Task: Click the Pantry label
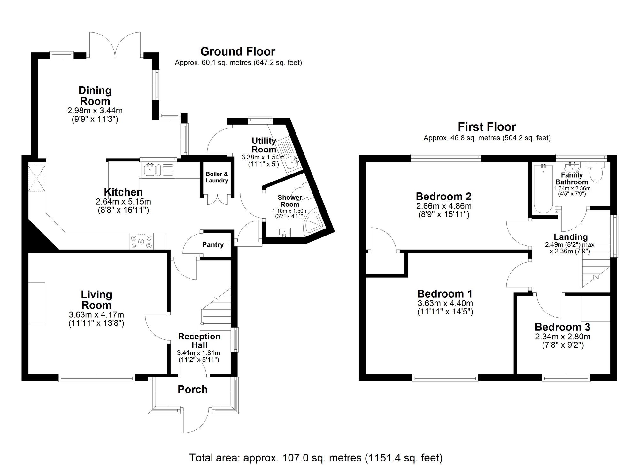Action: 213,245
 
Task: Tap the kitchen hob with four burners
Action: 141,242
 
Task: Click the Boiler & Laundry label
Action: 217,177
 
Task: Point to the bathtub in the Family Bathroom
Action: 543,188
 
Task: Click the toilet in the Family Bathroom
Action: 596,172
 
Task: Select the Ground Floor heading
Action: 237,51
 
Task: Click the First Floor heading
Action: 487,127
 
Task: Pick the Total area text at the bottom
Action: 316,458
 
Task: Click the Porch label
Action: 192,389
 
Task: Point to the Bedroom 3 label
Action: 562,327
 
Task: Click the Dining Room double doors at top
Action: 115,45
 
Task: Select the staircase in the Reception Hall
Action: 216,312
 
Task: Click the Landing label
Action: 570,237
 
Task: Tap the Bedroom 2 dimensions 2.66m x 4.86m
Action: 443,206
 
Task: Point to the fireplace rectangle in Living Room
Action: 36,303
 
